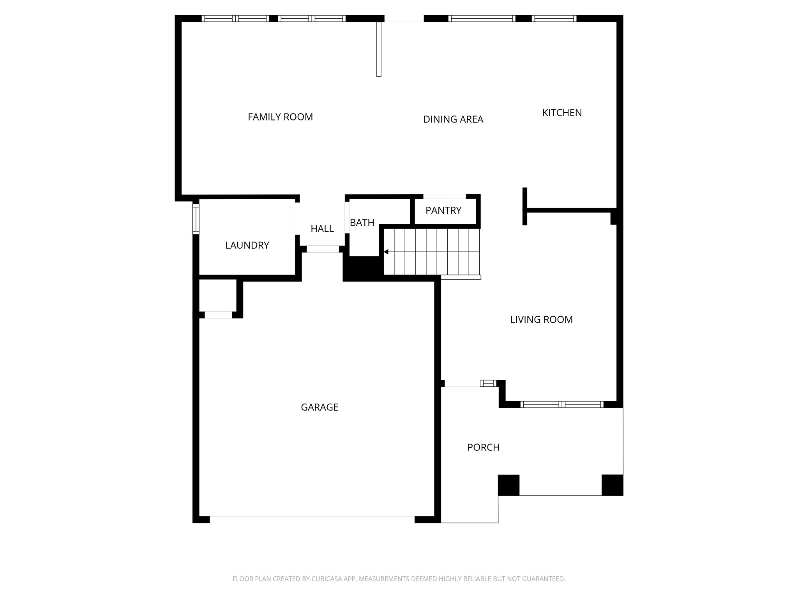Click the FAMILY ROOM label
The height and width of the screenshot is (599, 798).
click(x=280, y=117)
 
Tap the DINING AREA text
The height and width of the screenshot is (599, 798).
click(x=453, y=119)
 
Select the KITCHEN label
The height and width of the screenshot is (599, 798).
click(x=562, y=113)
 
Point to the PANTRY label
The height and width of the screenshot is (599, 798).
click(x=443, y=211)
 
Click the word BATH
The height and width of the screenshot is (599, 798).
click(x=362, y=223)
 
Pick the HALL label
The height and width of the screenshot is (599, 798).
click(x=322, y=229)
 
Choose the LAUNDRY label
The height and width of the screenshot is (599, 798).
click(x=247, y=245)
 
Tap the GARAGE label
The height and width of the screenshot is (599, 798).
click(x=320, y=407)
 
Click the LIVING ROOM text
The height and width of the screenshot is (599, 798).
click(x=541, y=320)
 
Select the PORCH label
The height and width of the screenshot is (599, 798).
click(x=483, y=447)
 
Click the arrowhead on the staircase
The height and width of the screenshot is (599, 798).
click(x=386, y=252)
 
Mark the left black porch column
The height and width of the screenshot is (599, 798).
click(x=508, y=485)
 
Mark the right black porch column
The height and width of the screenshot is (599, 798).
click(x=612, y=485)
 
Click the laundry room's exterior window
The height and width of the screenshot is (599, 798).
click(x=196, y=219)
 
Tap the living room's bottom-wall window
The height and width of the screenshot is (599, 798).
click(x=561, y=404)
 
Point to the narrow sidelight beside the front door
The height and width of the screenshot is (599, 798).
click(x=488, y=383)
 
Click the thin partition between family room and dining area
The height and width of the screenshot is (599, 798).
click(x=379, y=49)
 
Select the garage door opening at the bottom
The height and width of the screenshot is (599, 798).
click(x=312, y=519)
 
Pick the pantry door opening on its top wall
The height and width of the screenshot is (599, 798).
click(x=445, y=197)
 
